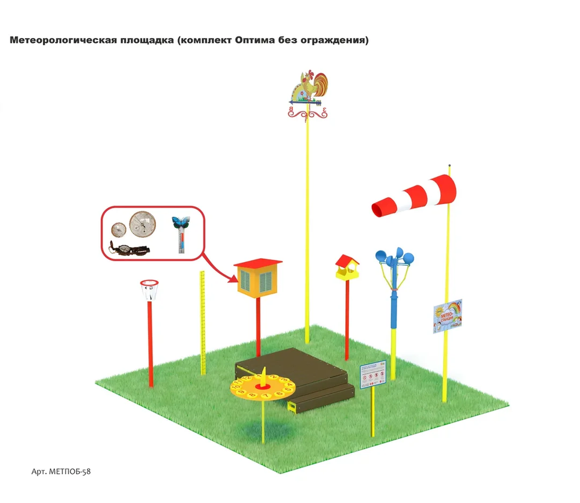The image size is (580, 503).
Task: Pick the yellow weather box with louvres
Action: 257,281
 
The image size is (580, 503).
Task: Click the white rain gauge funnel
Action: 150,289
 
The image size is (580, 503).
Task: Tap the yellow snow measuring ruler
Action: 202,322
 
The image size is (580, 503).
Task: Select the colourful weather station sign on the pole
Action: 447,316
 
